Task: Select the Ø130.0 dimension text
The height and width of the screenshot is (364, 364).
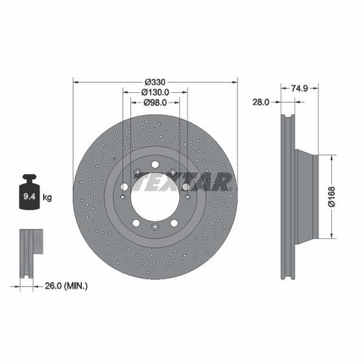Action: (x=155, y=92)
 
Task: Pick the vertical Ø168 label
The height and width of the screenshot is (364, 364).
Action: (x=330, y=196)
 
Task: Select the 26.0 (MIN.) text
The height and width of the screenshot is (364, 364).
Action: (x=65, y=285)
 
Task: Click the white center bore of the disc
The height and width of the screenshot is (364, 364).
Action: (x=155, y=194)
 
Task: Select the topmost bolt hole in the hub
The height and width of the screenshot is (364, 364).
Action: (x=155, y=165)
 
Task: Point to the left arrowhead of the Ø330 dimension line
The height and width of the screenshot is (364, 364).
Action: (x=75, y=81)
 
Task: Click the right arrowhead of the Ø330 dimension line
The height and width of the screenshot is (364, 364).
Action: (x=235, y=81)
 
